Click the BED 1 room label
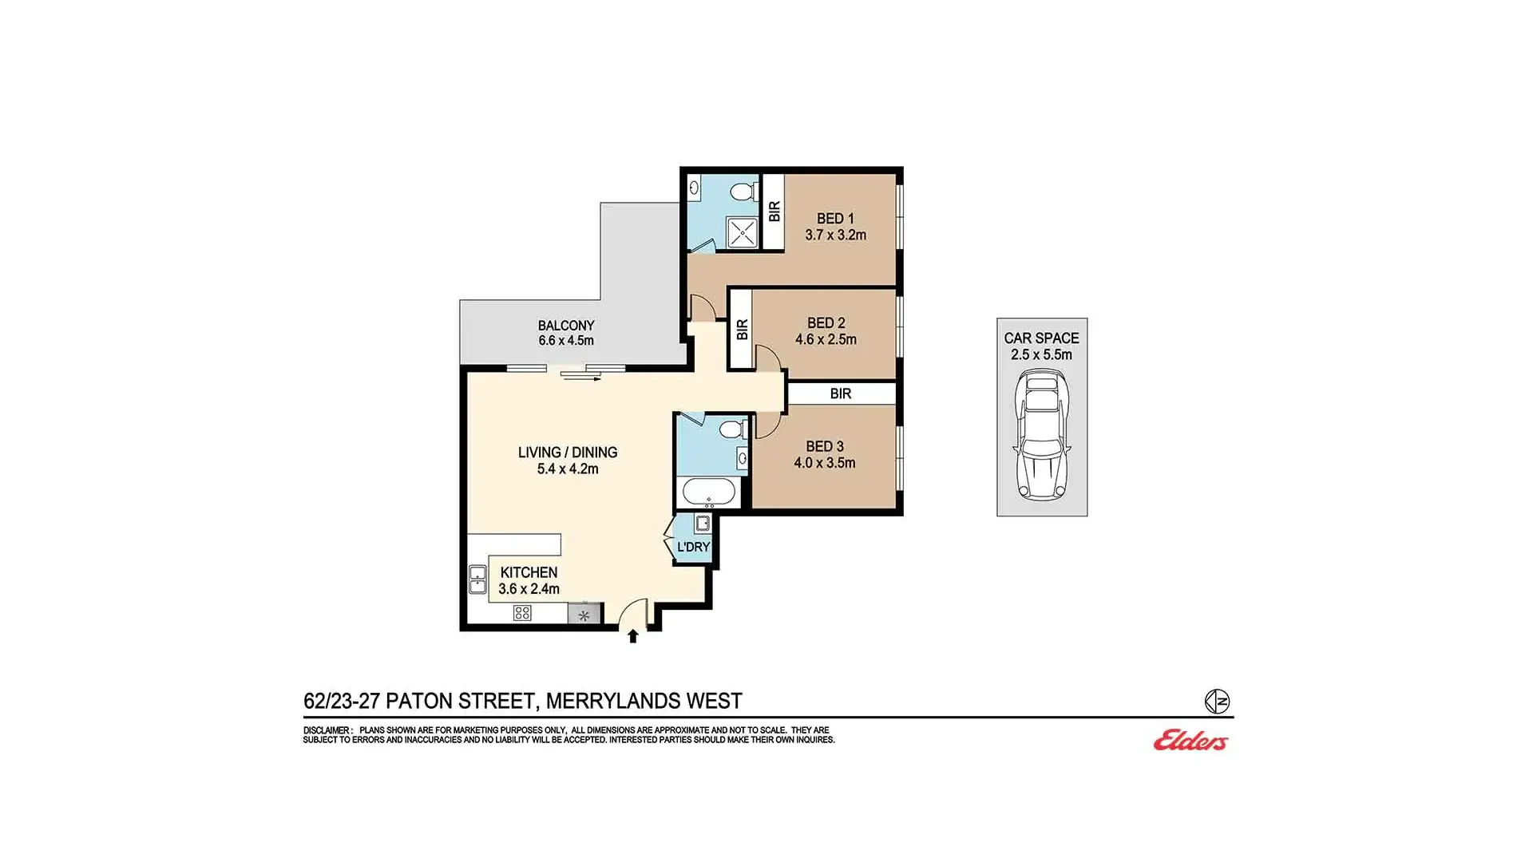click(835, 218)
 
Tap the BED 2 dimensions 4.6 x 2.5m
click(826, 339)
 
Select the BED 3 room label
click(825, 446)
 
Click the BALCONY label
click(566, 326)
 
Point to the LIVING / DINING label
click(568, 452)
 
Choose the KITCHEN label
click(529, 572)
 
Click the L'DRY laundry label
click(693, 547)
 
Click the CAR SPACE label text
click(1041, 338)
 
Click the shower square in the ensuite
click(742, 232)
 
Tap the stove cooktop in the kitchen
click(522, 613)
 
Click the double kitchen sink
click(477, 579)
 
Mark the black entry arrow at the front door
click(633, 635)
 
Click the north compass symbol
click(1217, 702)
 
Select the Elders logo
click(1190, 741)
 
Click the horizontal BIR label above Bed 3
click(840, 393)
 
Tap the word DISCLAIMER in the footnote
click(327, 730)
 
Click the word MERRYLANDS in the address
click(613, 701)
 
